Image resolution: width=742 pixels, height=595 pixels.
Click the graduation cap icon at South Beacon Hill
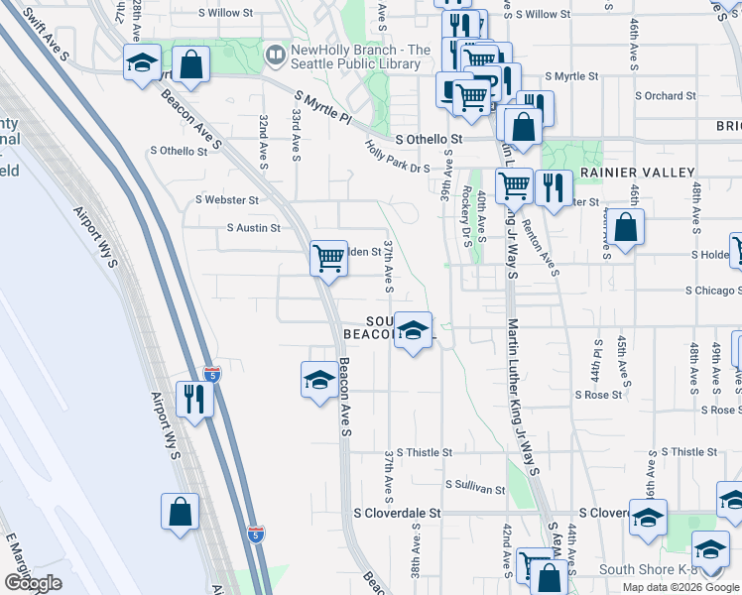click(x=413, y=329)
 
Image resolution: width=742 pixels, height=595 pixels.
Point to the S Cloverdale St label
click(x=397, y=515)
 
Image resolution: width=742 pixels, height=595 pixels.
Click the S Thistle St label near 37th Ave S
click(x=425, y=452)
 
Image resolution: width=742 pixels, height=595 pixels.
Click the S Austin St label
click(x=254, y=228)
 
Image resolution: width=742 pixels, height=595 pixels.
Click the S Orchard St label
click(x=663, y=96)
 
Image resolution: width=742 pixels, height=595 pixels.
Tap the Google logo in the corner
click(x=33, y=583)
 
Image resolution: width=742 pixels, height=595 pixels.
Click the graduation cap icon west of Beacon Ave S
click(x=318, y=379)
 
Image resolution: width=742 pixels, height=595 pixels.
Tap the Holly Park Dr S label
click(x=398, y=155)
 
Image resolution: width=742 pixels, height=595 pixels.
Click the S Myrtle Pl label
click(x=322, y=107)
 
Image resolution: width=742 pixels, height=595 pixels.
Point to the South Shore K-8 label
click(x=651, y=570)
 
